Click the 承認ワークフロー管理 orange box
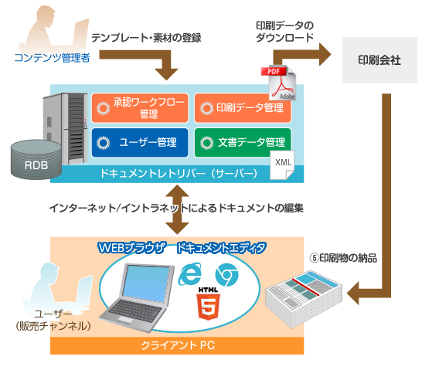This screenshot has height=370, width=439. click(140, 108)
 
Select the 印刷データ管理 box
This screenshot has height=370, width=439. click(243, 108)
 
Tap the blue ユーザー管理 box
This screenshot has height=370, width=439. click(140, 142)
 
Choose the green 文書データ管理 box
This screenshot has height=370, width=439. click(243, 142)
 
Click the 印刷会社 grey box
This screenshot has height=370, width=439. click(379, 59)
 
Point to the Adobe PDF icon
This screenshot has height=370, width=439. click(279, 83)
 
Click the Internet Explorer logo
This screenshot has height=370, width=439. click(189, 273)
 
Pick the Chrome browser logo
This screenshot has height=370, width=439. click(226, 274)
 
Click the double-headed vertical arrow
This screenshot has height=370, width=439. click(179, 209)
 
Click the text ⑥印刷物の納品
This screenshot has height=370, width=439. click(344, 258)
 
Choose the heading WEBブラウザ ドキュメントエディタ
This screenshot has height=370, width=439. click(182, 247)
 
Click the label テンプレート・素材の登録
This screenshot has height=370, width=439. click(146, 37)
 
